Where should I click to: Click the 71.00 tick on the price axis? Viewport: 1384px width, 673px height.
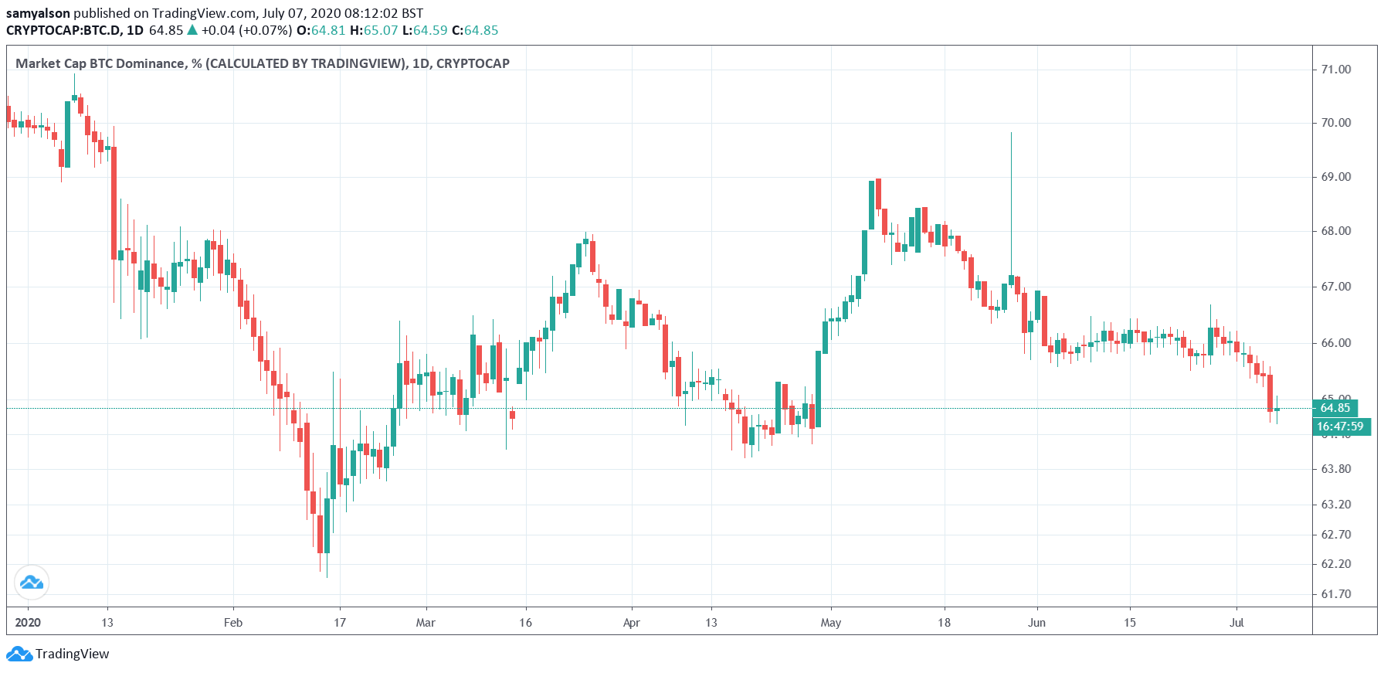tap(1335, 70)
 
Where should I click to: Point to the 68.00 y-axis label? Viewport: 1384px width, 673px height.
tap(1335, 231)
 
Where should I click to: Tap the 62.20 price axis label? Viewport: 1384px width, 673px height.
tap(1335, 564)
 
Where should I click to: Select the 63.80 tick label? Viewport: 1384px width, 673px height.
tap(1335, 469)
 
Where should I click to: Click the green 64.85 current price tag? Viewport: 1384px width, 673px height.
tap(1335, 408)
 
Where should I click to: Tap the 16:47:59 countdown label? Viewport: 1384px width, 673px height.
tap(1340, 427)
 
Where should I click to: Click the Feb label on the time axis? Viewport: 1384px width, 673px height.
tap(232, 623)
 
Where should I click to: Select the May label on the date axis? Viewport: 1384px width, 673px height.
tap(830, 623)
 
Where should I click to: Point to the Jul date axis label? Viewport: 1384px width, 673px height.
tap(1236, 623)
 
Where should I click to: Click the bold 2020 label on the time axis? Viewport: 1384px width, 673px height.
tap(28, 623)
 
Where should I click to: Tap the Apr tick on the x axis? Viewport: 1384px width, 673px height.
tap(631, 623)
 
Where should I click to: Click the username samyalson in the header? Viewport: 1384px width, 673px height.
tap(38, 13)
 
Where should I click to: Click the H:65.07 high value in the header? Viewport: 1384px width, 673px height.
tap(374, 31)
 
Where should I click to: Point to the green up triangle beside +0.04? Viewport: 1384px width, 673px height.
tap(192, 30)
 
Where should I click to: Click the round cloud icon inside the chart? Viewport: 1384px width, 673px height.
tap(32, 583)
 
